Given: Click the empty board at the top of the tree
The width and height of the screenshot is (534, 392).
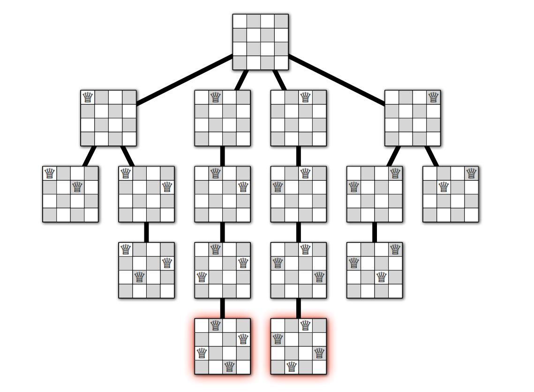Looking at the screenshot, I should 261,42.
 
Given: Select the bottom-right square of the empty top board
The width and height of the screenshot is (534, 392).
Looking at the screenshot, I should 281,63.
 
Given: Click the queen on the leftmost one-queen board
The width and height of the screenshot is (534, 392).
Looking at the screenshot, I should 88,97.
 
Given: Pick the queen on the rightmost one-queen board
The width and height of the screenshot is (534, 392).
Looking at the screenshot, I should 433,97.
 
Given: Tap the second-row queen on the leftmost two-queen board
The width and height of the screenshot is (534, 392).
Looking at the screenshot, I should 77,187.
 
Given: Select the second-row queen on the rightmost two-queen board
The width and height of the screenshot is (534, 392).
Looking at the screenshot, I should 444,187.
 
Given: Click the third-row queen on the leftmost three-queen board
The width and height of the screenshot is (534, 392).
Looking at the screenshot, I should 139,277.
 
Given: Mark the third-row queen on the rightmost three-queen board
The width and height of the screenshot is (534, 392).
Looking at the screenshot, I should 382,277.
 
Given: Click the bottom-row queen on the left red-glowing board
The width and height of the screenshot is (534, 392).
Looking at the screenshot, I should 229,367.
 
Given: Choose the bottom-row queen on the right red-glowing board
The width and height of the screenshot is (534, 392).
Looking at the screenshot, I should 292,367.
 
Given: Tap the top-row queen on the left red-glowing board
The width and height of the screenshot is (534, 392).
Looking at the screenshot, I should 215,325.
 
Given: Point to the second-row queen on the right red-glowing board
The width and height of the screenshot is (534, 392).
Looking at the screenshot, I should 278,338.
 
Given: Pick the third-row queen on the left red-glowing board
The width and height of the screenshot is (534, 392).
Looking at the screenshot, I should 202,353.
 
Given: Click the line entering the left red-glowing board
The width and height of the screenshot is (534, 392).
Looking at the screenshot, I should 222,308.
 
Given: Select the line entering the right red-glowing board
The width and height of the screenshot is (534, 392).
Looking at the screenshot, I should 298,308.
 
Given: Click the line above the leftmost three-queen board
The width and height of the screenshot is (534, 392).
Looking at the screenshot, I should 146,232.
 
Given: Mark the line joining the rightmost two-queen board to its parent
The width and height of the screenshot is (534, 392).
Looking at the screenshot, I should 432,156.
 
